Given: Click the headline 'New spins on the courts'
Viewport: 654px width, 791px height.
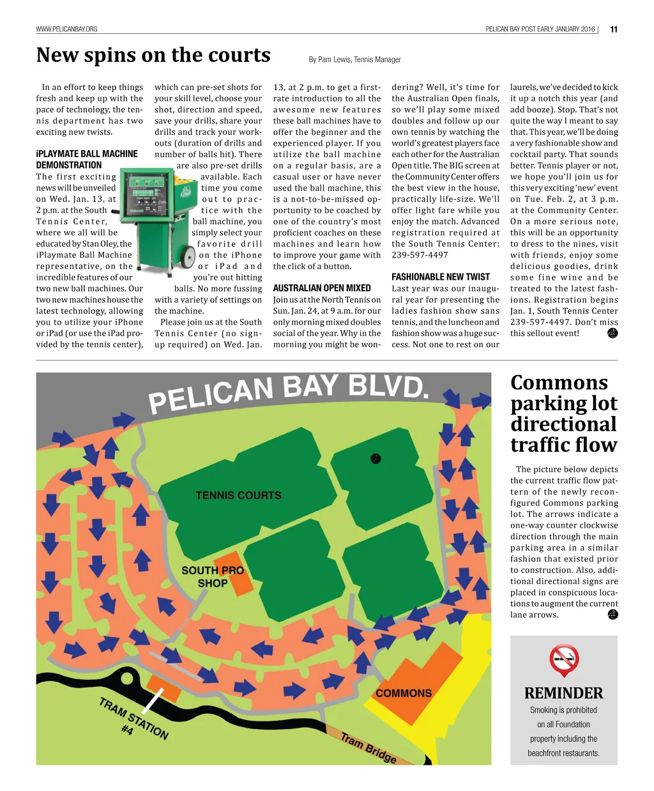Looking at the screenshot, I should pos(153,56).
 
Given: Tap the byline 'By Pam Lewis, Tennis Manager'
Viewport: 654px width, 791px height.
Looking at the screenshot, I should pos(354,59).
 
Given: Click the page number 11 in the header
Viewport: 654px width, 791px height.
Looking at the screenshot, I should pos(613,29).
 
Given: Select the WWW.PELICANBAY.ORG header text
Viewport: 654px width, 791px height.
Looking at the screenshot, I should pos(66,29).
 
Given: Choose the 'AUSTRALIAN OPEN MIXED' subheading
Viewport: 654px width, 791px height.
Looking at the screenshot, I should pos(322,288).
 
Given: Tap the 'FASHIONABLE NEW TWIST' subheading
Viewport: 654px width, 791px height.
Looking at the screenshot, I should pos(441,277).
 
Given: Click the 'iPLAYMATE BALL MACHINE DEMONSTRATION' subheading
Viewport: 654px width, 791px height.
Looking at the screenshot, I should pos(87,159).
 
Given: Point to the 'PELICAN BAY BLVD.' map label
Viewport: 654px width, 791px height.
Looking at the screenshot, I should pos(287,392).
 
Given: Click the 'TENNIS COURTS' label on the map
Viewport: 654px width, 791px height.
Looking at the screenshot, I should pos(238,495).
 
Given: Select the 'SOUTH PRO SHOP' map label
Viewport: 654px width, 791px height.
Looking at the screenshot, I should pos(213,576).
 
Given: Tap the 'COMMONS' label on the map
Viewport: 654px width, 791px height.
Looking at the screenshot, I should pos(404,693).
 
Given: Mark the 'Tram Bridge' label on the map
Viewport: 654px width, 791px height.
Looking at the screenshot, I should pos(369,748).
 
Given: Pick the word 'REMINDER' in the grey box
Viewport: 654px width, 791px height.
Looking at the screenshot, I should pos(563,693).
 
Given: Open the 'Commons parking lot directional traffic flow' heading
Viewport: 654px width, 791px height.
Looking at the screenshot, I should pos(563,413).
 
